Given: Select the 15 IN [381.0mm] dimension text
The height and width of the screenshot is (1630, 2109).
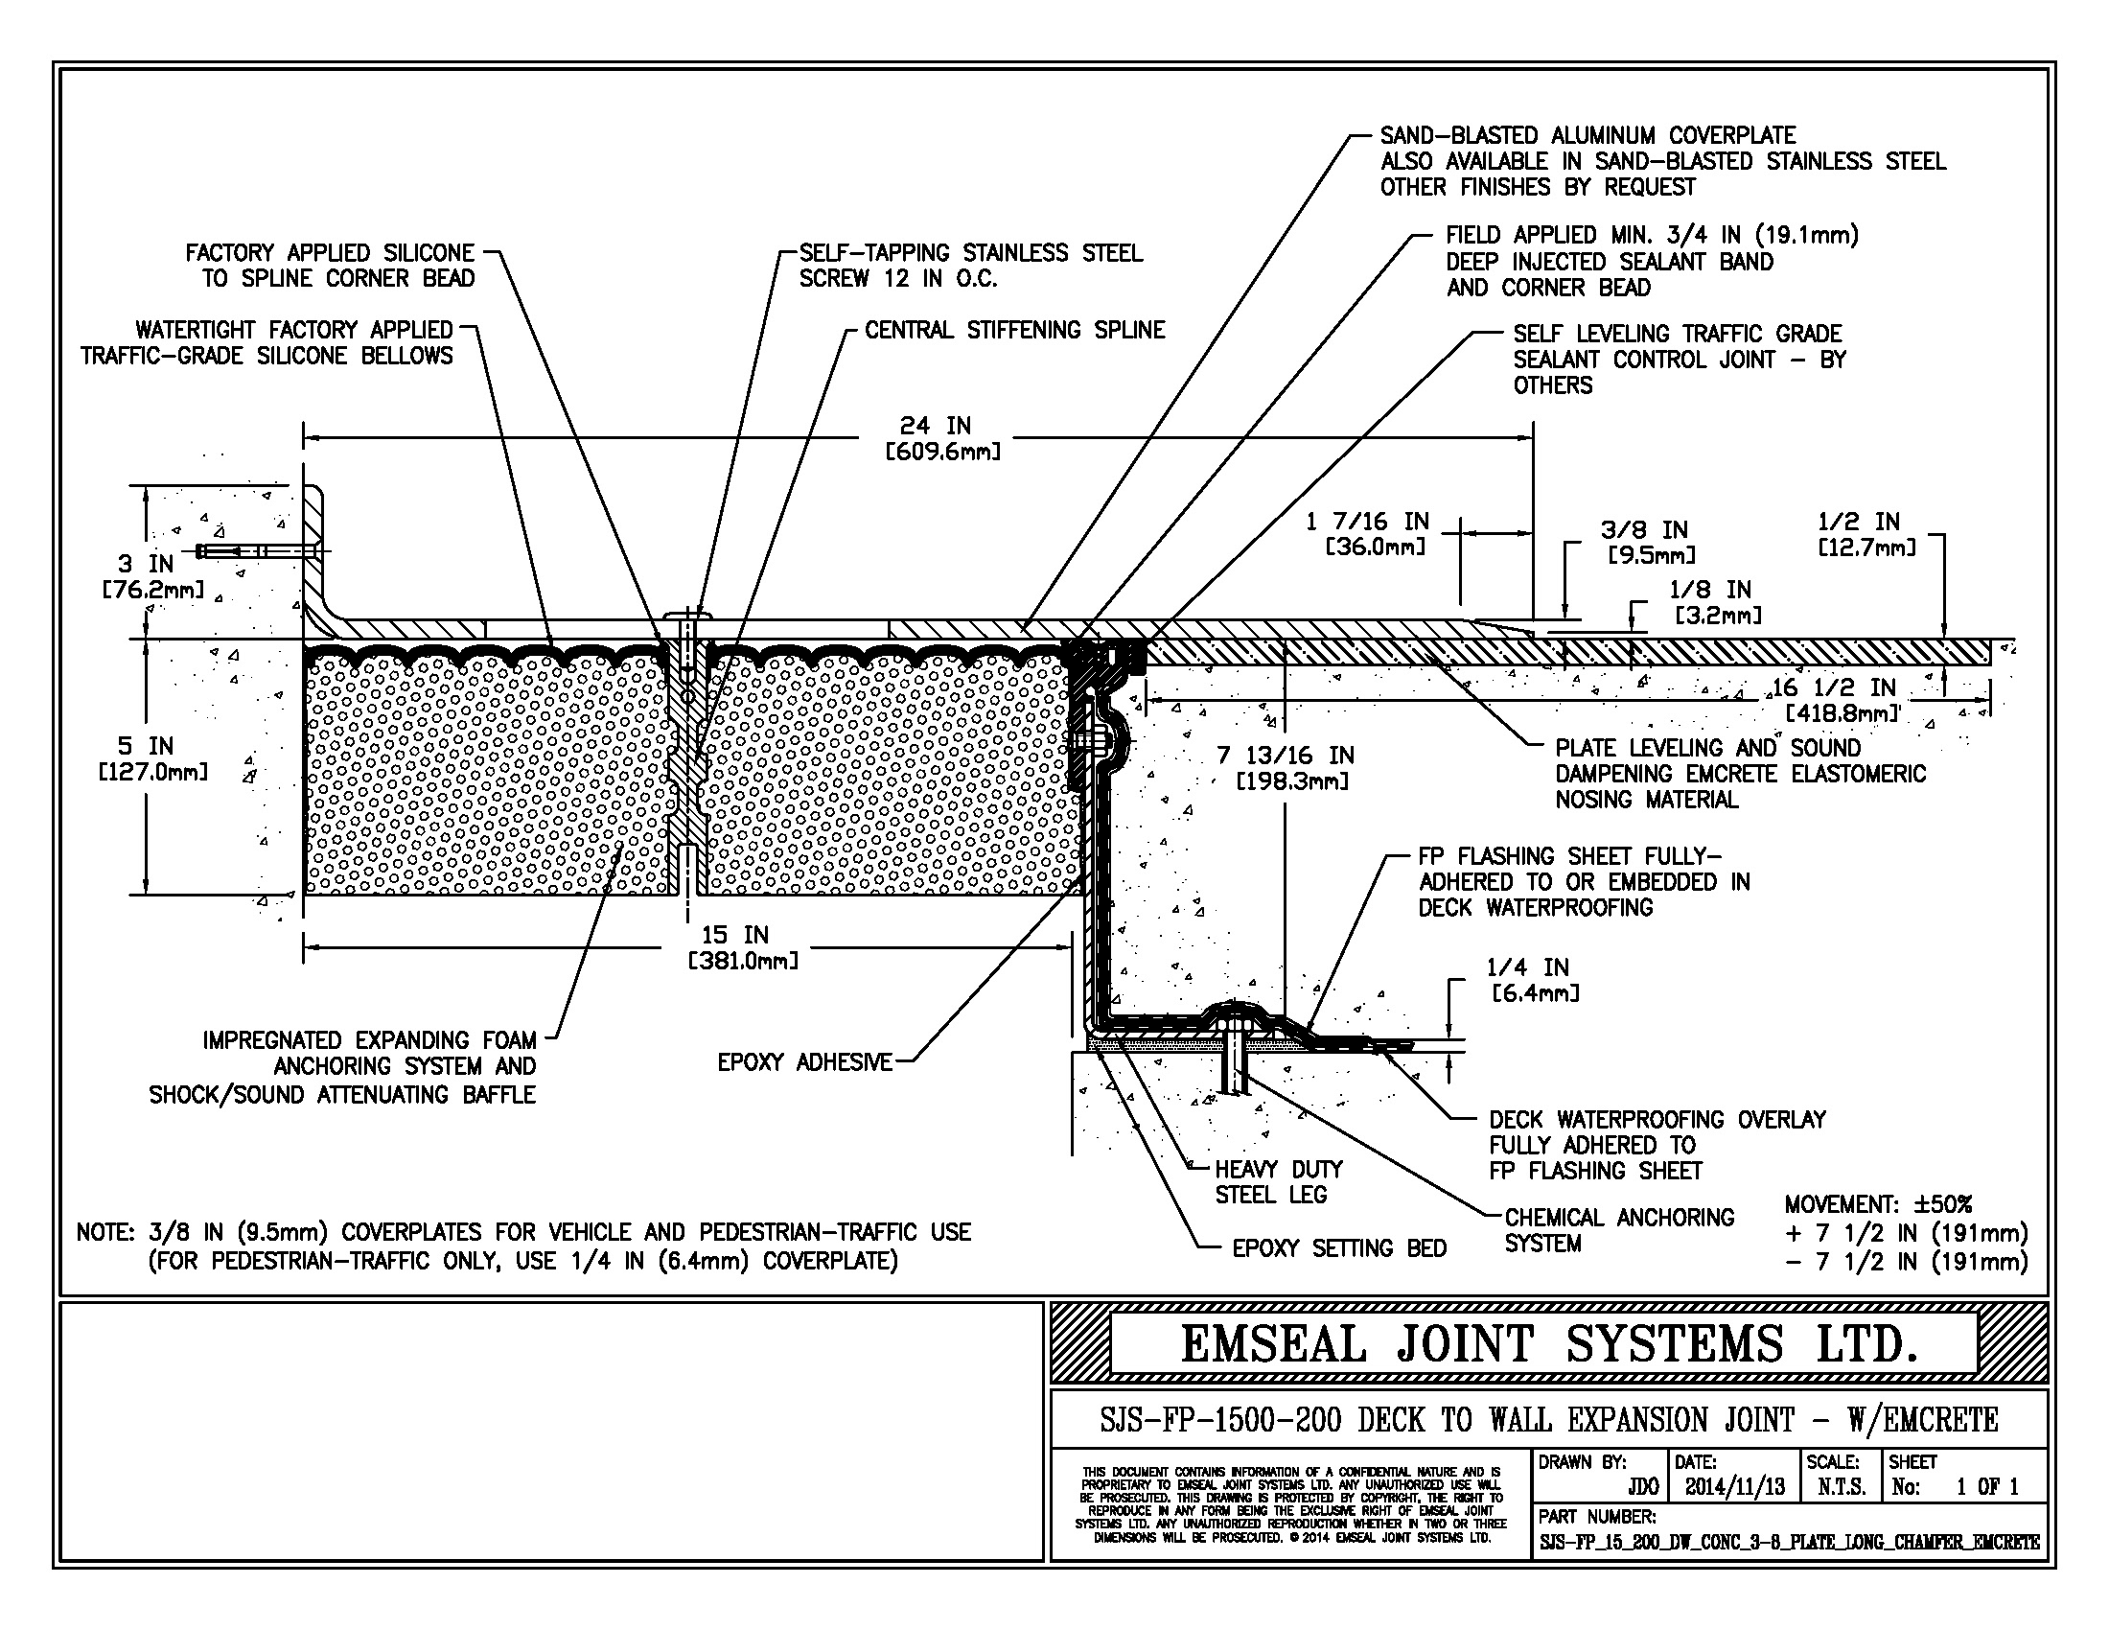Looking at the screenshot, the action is (743, 947).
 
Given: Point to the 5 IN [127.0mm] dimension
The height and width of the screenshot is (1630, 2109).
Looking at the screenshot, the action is (152, 758).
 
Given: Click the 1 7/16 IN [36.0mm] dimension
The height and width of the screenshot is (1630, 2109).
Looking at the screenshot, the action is (1366, 534).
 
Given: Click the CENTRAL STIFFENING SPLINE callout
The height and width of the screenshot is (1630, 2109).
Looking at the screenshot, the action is (1015, 330).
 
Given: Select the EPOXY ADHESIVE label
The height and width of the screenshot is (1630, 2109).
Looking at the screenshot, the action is (804, 1062).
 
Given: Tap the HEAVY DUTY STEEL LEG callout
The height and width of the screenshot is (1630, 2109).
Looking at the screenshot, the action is (1272, 1182).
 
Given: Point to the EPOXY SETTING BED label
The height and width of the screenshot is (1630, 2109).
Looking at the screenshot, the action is (1339, 1248).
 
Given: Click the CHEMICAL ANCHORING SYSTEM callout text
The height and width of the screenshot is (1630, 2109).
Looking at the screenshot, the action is (1619, 1230).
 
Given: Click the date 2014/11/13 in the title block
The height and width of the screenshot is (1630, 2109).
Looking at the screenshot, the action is (1734, 1487).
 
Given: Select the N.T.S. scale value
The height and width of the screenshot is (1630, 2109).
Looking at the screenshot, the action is (1842, 1487).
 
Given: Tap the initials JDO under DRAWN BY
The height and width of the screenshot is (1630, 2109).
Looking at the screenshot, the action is (1642, 1487).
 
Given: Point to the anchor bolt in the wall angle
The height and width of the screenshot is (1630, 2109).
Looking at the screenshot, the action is (257, 551).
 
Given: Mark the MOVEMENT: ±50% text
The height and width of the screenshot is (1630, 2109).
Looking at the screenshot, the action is (1878, 1204).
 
